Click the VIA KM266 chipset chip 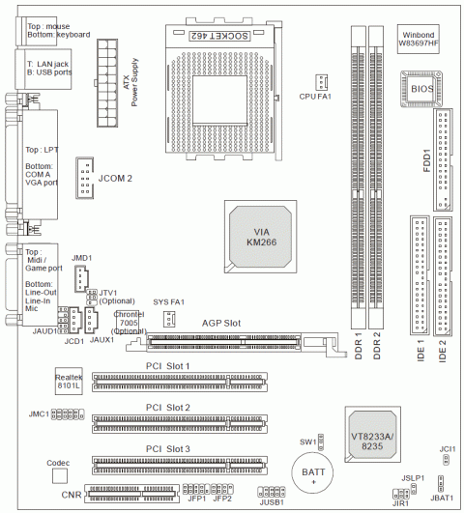point(261,237)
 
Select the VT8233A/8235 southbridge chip point(372,434)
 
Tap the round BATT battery point(313,472)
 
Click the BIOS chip point(421,89)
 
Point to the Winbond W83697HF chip point(419,39)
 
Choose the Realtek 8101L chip point(69,381)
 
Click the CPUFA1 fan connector point(322,82)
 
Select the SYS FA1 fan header point(169,319)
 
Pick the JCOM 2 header point(85,178)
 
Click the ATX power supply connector point(107,83)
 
